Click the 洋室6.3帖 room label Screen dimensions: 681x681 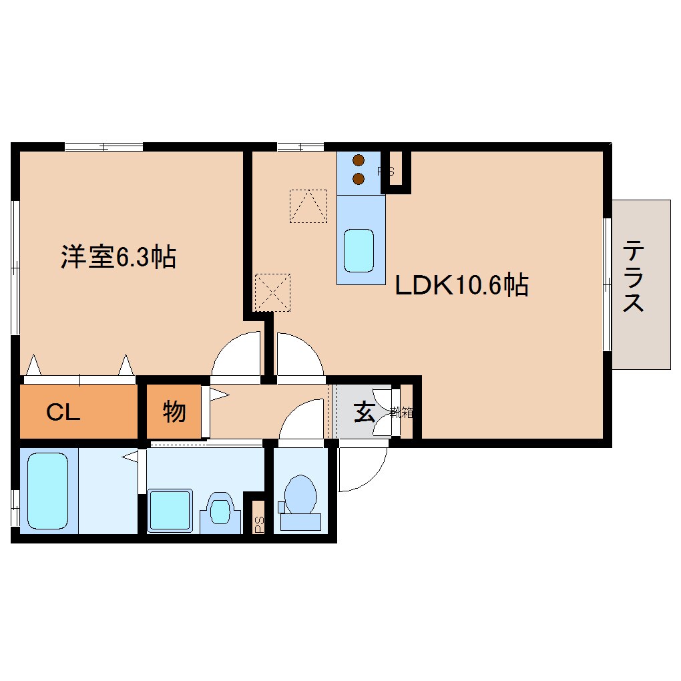[x=119, y=257]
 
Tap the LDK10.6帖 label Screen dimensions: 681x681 [x=462, y=286]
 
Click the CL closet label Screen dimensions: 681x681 [x=63, y=413]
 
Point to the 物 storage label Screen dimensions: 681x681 [x=174, y=412]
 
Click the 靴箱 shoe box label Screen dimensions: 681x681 [x=403, y=413]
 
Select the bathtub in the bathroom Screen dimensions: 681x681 [x=48, y=490]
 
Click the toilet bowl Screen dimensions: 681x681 [x=300, y=495]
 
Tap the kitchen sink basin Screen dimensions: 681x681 [x=359, y=250]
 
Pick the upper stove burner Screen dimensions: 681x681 [x=359, y=160]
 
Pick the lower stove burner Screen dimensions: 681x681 [x=359, y=178]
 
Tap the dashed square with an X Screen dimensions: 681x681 [x=273, y=292]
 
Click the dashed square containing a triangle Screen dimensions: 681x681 [x=308, y=206]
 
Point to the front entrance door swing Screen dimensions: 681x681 [x=361, y=467]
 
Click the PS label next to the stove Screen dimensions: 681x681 [x=386, y=172]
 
